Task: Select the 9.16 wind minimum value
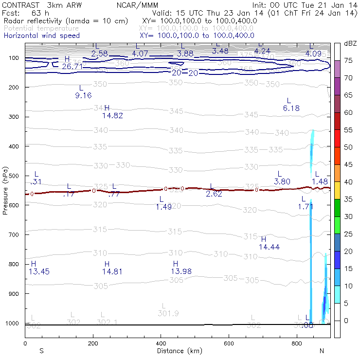point(83,95)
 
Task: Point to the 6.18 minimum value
point(291,108)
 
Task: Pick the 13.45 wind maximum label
point(39,271)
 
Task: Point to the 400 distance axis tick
point(161,343)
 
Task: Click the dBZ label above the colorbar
point(350,43)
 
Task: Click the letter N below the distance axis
point(322,351)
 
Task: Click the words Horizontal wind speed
point(41,36)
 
